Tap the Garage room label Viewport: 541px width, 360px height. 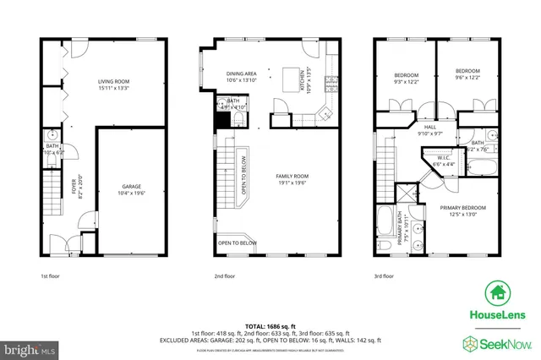(x=131, y=188)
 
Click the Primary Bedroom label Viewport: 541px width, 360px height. (x=462, y=210)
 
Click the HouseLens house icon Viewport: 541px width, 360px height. (x=495, y=293)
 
